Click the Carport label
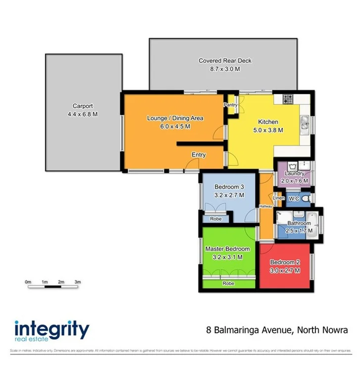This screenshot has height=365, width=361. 83,106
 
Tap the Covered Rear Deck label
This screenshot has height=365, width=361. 225,61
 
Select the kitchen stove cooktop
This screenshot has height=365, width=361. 288,99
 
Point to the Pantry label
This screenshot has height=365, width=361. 230,105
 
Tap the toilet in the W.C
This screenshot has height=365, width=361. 306,199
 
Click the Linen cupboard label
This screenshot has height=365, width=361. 279,199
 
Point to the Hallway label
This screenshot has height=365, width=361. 265,207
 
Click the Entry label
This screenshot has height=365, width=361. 199,155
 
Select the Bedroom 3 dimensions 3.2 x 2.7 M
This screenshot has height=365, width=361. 229,195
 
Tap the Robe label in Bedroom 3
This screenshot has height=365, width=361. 215,218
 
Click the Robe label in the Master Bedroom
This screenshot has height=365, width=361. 228,284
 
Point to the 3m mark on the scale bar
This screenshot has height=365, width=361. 78,281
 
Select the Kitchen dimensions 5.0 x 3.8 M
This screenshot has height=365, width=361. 268,130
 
